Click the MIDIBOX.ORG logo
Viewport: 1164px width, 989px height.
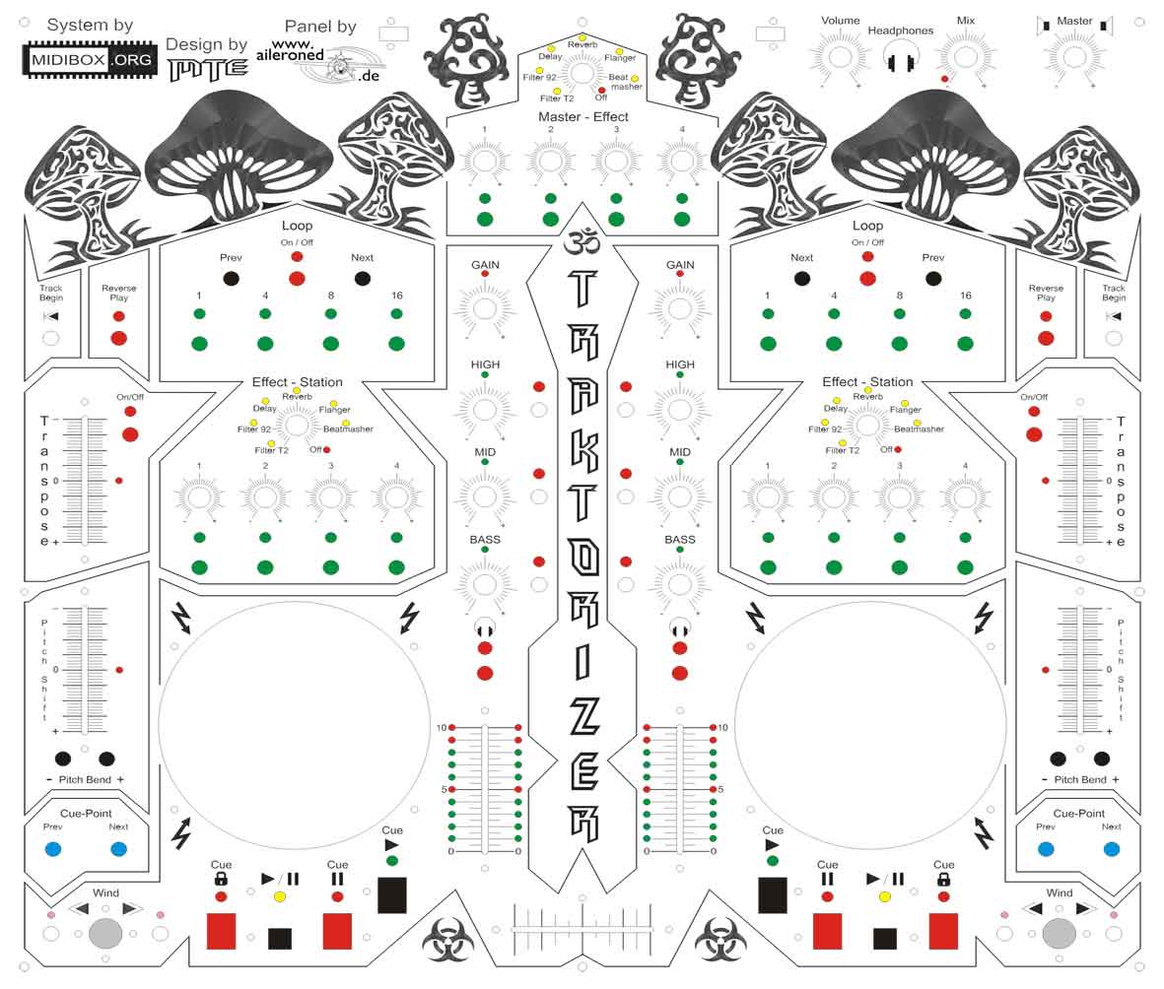coord(88,60)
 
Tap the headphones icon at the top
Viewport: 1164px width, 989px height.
coord(898,61)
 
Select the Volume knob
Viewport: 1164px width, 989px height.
coord(839,56)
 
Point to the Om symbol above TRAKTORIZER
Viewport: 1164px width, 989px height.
coord(582,242)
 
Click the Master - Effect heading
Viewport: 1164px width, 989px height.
coord(582,117)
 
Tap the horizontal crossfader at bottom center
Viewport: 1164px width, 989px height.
coord(582,928)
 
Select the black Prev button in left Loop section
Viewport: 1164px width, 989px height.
coord(231,279)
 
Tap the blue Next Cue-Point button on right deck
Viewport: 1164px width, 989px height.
coord(1111,849)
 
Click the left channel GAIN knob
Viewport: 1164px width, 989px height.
coord(485,308)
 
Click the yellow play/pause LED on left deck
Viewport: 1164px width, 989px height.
coord(280,897)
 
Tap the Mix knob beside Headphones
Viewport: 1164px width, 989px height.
coord(965,56)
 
